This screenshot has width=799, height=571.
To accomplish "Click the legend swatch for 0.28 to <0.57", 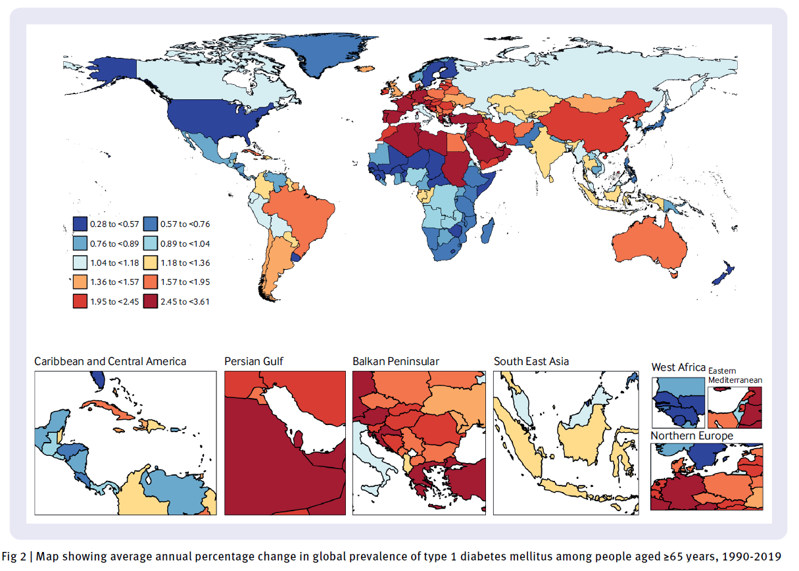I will click(80, 224).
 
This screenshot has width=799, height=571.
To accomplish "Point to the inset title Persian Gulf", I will click(254, 361).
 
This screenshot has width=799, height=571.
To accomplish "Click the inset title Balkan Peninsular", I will click(396, 361).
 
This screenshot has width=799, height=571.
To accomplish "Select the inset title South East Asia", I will click(531, 361).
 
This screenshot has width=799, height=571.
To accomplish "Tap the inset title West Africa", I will click(678, 367).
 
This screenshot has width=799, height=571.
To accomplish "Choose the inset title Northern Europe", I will click(692, 436).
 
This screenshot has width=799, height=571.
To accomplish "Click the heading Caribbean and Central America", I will click(110, 361).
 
